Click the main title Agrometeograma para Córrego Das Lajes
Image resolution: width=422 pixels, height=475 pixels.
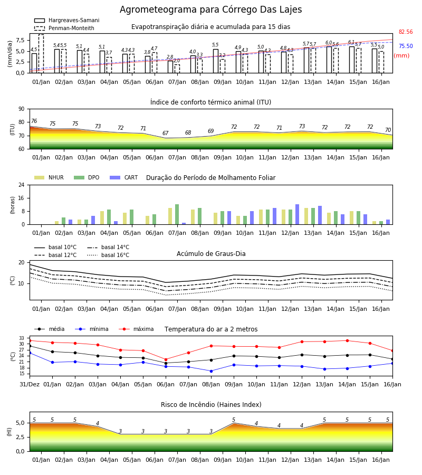210,9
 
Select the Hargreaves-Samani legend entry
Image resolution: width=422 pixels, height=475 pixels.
66,20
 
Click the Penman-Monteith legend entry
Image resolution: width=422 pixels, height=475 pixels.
64,28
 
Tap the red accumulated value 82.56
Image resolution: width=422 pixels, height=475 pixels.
406,32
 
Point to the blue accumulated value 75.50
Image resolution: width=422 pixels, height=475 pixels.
406,46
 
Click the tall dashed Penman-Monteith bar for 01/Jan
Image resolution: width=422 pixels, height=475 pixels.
41,54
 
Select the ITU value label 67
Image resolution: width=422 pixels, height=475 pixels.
165,133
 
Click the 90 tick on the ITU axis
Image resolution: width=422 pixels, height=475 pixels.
22,109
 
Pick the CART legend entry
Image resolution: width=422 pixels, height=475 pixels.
124,177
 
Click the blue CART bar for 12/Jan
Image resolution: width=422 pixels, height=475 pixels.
298,214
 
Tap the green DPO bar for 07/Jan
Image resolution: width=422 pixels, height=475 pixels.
177,214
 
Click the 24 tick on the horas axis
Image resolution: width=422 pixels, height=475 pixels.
22,185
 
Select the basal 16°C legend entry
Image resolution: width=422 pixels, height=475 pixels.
108,255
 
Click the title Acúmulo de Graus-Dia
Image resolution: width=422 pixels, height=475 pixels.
211,254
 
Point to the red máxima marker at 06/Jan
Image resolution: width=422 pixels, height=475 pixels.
166,359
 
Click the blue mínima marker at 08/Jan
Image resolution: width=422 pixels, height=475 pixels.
212,371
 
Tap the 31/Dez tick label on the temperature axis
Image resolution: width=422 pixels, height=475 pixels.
30,384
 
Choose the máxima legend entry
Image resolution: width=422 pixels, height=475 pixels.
136,329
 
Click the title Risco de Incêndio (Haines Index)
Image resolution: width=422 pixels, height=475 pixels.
211,405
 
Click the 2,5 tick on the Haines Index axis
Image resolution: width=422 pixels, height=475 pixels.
20,437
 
